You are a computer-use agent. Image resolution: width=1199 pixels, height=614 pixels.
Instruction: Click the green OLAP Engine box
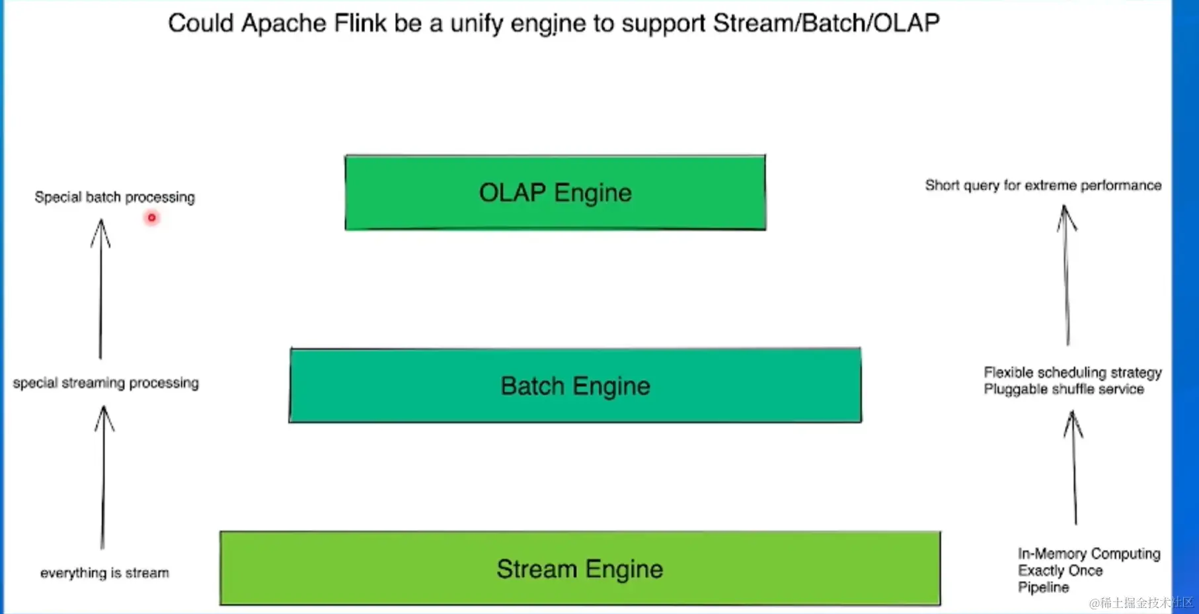(555, 193)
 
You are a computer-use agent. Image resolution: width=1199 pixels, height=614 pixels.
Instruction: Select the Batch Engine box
(575, 386)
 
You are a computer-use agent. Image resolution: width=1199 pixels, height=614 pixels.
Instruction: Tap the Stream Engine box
(580, 569)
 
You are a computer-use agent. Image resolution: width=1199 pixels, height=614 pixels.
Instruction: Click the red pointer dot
(152, 218)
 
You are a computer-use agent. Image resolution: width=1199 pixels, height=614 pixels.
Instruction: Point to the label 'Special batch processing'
(114, 197)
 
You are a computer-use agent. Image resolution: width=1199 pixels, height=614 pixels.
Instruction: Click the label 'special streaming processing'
(106, 383)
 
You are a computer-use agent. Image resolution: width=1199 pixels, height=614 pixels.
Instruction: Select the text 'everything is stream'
(104, 573)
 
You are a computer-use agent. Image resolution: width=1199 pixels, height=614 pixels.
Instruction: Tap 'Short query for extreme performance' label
(1043, 185)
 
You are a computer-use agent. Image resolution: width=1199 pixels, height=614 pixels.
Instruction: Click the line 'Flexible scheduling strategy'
(1072, 373)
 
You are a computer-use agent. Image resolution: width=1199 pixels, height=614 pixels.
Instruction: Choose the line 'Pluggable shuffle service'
(1064, 389)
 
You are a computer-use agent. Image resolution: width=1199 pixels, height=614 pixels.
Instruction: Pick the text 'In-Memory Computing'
(1089, 553)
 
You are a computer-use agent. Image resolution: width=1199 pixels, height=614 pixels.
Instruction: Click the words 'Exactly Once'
(1060, 570)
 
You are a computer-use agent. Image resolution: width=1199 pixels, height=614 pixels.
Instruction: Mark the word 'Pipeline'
(1043, 588)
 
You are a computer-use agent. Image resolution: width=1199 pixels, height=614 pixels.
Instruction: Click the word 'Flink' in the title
(360, 23)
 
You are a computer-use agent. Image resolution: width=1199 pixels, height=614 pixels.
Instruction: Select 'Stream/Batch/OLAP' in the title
(826, 23)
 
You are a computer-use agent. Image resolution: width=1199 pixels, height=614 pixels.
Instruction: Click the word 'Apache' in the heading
(284, 23)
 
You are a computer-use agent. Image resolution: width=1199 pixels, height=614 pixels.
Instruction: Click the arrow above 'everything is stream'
(103, 476)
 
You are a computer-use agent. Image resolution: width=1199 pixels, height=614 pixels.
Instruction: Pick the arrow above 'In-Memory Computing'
(1074, 466)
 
